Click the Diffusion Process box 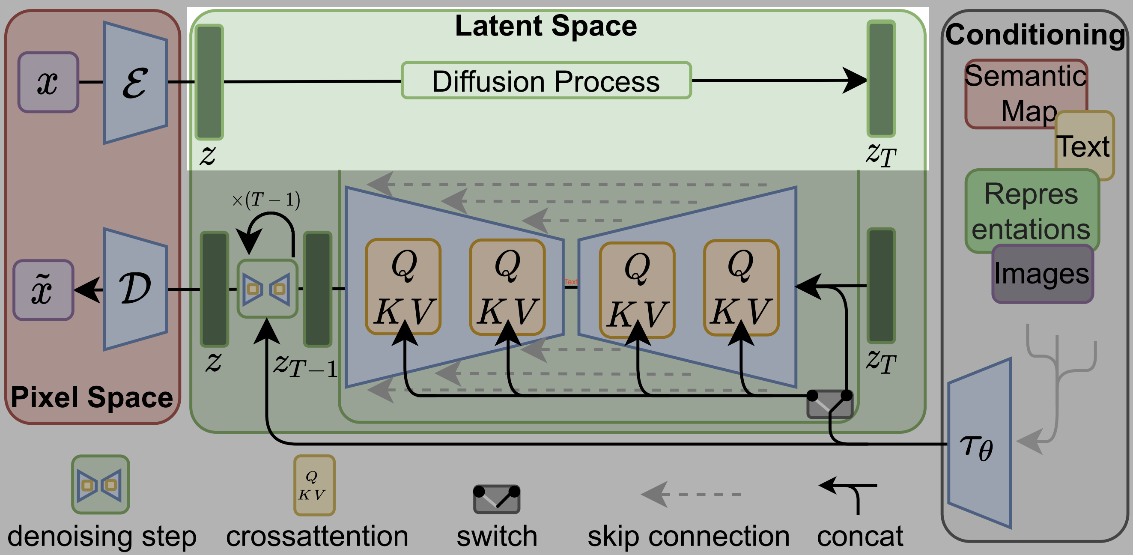[x=546, y=81]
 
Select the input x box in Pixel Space [x=48, y=82]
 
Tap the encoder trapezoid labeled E [x=135, y=83]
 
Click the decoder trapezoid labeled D [x=135, y=289]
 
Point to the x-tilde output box [x=43, y=290]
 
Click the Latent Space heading [x=546, y=26]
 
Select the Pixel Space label [x=92, y=397]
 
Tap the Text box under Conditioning [x=1085, y=146]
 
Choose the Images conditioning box [x=1042, y=274]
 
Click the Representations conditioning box [x=1031, y=211]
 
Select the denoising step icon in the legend [x=100, y=485]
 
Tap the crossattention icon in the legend [x=314, y=485]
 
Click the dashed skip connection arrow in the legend [x=691, y=494]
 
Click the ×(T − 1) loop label [x=266, y=200]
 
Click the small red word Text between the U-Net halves [x=570, y=281]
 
